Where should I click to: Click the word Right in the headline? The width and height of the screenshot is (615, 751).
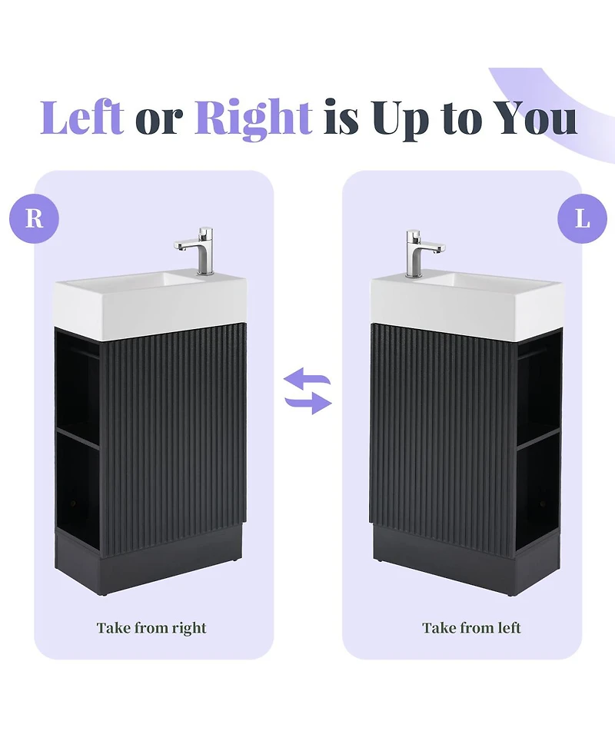tap(253, 119)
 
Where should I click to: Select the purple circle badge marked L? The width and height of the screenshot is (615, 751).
tap(582, 219)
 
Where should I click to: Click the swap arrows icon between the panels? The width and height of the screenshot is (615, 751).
tap(307, 391)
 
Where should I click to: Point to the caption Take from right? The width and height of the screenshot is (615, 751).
tap(151, 628)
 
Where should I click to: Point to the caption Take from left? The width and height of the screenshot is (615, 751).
tap(471, 628)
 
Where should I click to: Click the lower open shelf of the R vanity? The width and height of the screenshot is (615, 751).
tap(78, 492)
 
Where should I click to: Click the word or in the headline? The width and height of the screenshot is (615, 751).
tap(159, 120)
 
